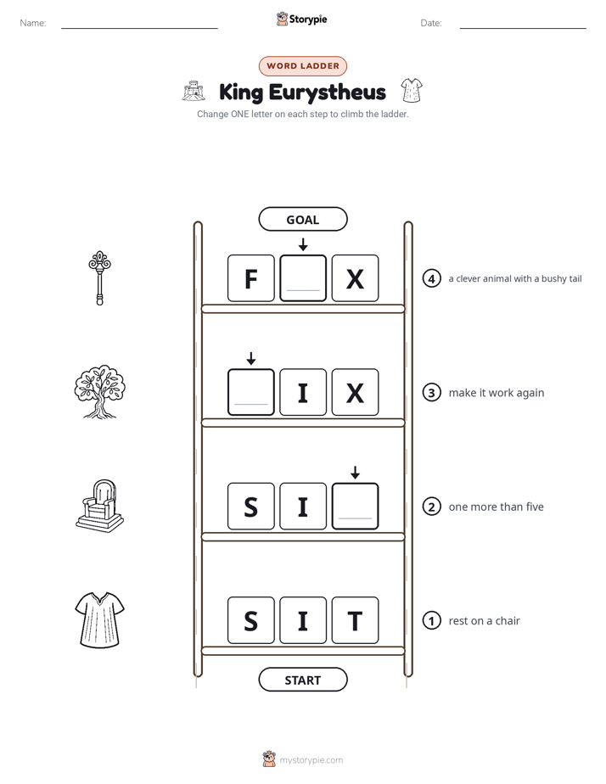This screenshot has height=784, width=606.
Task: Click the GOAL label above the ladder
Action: click(303, 219)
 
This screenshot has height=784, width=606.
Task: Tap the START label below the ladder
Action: click(303, 680)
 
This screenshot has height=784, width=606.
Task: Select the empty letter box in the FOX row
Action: click(303, 278)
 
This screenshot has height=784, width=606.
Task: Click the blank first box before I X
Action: click(251, 392)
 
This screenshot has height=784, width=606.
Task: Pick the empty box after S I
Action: click(355, 506)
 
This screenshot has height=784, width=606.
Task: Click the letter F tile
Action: click(251, 278)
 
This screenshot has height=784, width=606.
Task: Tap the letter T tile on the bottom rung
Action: click(355, 620)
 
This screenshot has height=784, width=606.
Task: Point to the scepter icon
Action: click(99, 277)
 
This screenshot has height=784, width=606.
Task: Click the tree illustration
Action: click(99, 391)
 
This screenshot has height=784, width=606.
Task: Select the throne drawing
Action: click(99, 506)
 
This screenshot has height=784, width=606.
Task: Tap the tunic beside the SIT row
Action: click(99, 620)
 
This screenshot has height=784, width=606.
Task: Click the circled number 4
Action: click(431, 278)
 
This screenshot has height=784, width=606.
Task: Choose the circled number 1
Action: click(431, 620)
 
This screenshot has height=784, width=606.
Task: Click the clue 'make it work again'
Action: click(496, 393)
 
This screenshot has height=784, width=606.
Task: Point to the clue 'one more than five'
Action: click(496, 507)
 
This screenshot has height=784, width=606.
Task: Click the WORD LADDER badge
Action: click(303, 66)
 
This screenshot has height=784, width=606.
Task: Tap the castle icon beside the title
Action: click(194, 91)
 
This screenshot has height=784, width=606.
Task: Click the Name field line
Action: click(139, 28)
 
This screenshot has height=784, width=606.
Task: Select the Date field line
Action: click(523, 28)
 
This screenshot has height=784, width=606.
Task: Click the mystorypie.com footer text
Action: click(311, 760)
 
